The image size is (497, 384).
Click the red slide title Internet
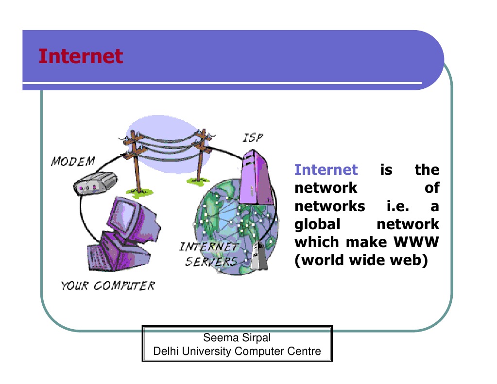tap(81, 56)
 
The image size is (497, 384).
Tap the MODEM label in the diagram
tap(73, 161)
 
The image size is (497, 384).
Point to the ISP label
tap(253, 138)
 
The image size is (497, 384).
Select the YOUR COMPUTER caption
tap(108, 285)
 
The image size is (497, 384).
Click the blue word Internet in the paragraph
tap(326, 170)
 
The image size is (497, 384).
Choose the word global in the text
tap(317, 224)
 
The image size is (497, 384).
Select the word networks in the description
tap(330, 206)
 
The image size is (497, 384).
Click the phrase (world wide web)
tap(361, 260)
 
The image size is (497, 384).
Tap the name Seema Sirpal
tap(237, 337)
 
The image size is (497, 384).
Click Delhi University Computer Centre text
tap(237, 351)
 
